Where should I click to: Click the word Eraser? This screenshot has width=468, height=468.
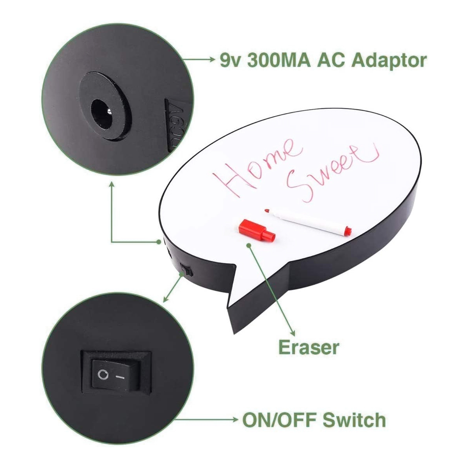point(308,348)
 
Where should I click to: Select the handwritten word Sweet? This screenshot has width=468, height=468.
point(333,171)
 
